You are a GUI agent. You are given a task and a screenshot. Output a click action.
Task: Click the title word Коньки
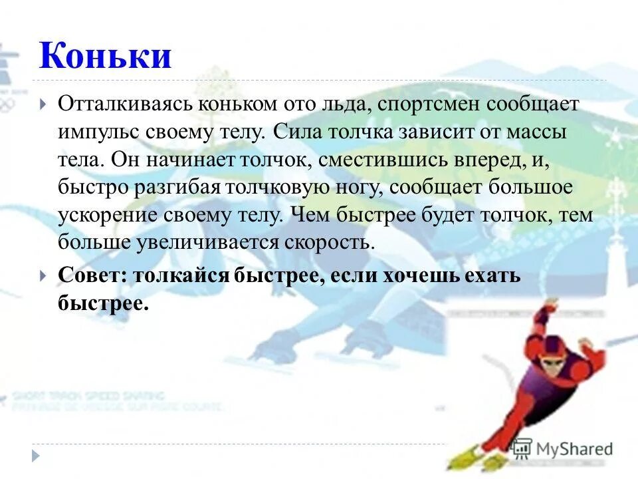[105, 57]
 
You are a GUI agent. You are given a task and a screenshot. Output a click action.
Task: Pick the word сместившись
[388, 160]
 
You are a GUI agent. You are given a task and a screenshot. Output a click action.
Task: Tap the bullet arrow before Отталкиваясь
[43, 104]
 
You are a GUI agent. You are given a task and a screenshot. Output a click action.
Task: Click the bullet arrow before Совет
[43, 275]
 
